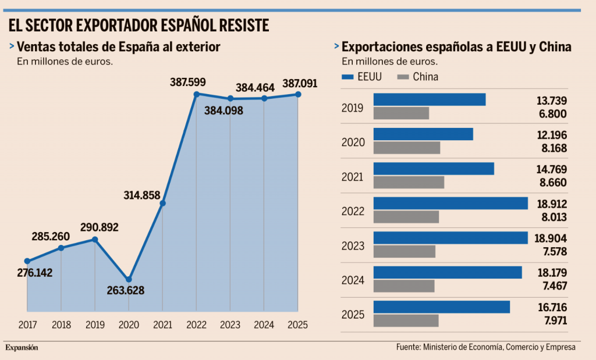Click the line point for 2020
coord(129,280)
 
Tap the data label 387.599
coord(188,83)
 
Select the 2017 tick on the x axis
coord(27,325)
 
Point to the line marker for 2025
coord(298,94)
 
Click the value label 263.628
coord(126,291)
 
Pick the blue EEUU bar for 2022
coord(450,203)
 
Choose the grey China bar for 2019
coord(401,113)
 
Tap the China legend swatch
coord(402,77)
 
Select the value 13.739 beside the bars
coord(552,101)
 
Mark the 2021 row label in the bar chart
coord(353,177)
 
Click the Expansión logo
coord(22,347)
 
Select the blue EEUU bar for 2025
coord(442,306)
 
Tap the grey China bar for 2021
coord(409,183)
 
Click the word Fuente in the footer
coord(408,347)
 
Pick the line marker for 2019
coord(95,239)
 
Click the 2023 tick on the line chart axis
coord(230,325)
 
